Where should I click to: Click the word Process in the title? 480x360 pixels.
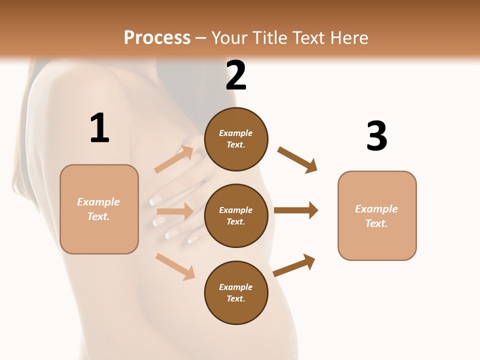[x=157, y=38]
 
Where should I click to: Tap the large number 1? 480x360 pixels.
[x=99, y=128]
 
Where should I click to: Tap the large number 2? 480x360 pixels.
[x=236, y=76]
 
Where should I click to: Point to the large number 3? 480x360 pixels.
[x=376, y=136]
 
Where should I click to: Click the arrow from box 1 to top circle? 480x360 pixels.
[x=174, y=159]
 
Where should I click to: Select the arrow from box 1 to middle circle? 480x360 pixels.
[x=175, y=211]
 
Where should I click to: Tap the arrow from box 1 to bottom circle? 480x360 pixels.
[x=175, y=266]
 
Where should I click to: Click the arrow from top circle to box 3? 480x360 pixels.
[x=297, y=159]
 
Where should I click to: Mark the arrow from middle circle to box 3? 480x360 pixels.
[x=296, y=210]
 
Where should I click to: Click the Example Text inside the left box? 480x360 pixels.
[x=98, y=209]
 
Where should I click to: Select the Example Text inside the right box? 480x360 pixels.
[x=376, y=216]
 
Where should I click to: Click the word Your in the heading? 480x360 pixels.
[x=231, y=38]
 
